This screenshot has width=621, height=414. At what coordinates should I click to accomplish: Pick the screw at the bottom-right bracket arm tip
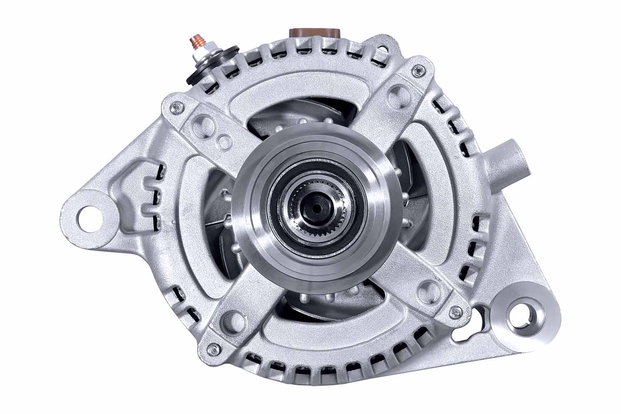457,308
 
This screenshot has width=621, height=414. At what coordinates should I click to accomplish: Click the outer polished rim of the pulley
248,232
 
